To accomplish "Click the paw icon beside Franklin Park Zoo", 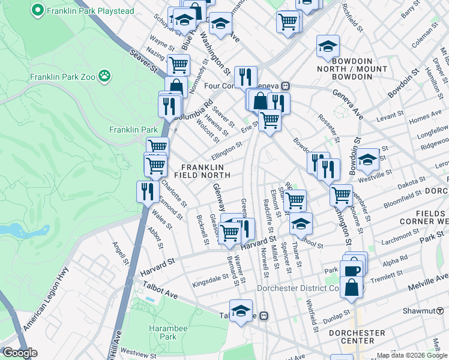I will click(105, 76).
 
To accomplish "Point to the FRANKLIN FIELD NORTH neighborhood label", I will click(202, 170).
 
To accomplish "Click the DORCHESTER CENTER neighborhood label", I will click(358, 337).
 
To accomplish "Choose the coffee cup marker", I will click(352, 270).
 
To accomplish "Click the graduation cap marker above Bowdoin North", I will click(328, 46).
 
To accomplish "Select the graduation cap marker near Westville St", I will click(367, 159).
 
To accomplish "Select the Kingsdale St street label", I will click(210, 280).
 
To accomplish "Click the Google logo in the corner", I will click(20, 353).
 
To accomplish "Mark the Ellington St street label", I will click(227, 148).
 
